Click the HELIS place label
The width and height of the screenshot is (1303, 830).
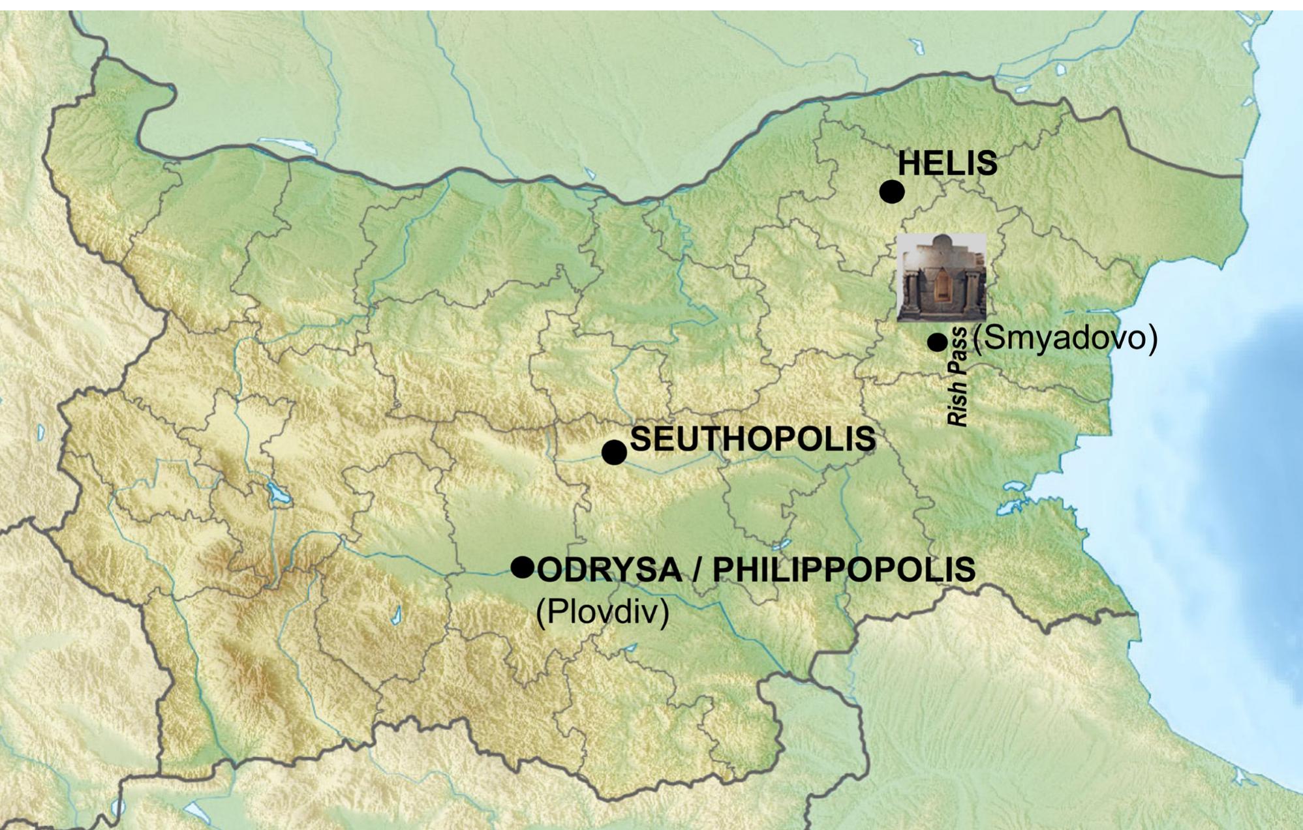coord(947,163)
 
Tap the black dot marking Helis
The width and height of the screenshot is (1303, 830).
coord(891,192)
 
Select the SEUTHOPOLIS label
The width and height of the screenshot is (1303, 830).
coord(752,439)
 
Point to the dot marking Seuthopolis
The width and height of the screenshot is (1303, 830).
coord(613,452)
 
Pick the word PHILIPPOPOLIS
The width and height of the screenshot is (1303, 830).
coord(844,569)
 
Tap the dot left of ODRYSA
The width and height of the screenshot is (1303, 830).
coord(522,567)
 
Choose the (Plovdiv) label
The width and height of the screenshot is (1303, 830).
coord(602,612)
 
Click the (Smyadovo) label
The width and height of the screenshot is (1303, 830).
coord(1065,338)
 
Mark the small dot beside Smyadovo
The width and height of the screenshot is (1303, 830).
coord(937,342)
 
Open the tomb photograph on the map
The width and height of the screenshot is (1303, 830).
coord(941,277)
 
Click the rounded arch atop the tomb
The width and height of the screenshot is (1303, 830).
coord(942,242)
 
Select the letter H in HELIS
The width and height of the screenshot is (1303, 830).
coord(909,163)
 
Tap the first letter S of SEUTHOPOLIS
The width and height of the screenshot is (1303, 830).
coord(640,439)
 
